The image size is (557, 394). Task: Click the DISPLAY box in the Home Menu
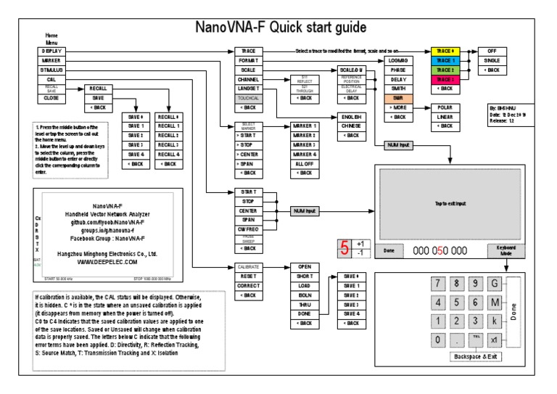point(51,52)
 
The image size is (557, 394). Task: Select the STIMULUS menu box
point(51,70)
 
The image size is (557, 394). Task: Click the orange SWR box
point(397,97)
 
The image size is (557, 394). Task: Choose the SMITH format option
point(397,88)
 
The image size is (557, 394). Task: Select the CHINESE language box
point(352,126)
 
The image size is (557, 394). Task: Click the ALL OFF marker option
point(305,163)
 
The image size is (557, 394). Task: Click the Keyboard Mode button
point(506,250)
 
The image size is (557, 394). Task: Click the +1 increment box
point(360,244)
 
